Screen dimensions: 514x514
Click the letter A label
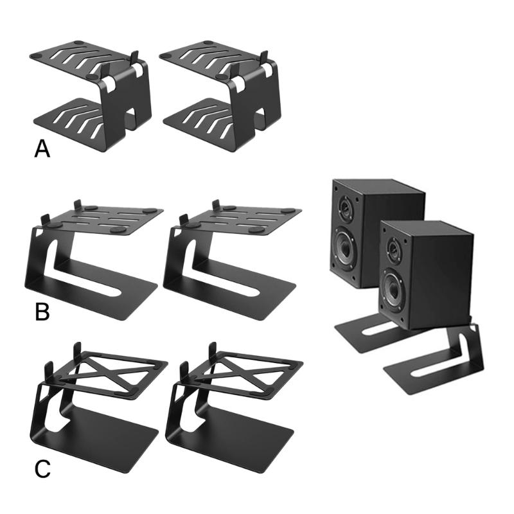coord(42,149)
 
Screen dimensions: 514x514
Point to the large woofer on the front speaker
coord(394,285)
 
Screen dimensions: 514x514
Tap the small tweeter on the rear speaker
coord(344,208)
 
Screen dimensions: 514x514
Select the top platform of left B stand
coord(103,218)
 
